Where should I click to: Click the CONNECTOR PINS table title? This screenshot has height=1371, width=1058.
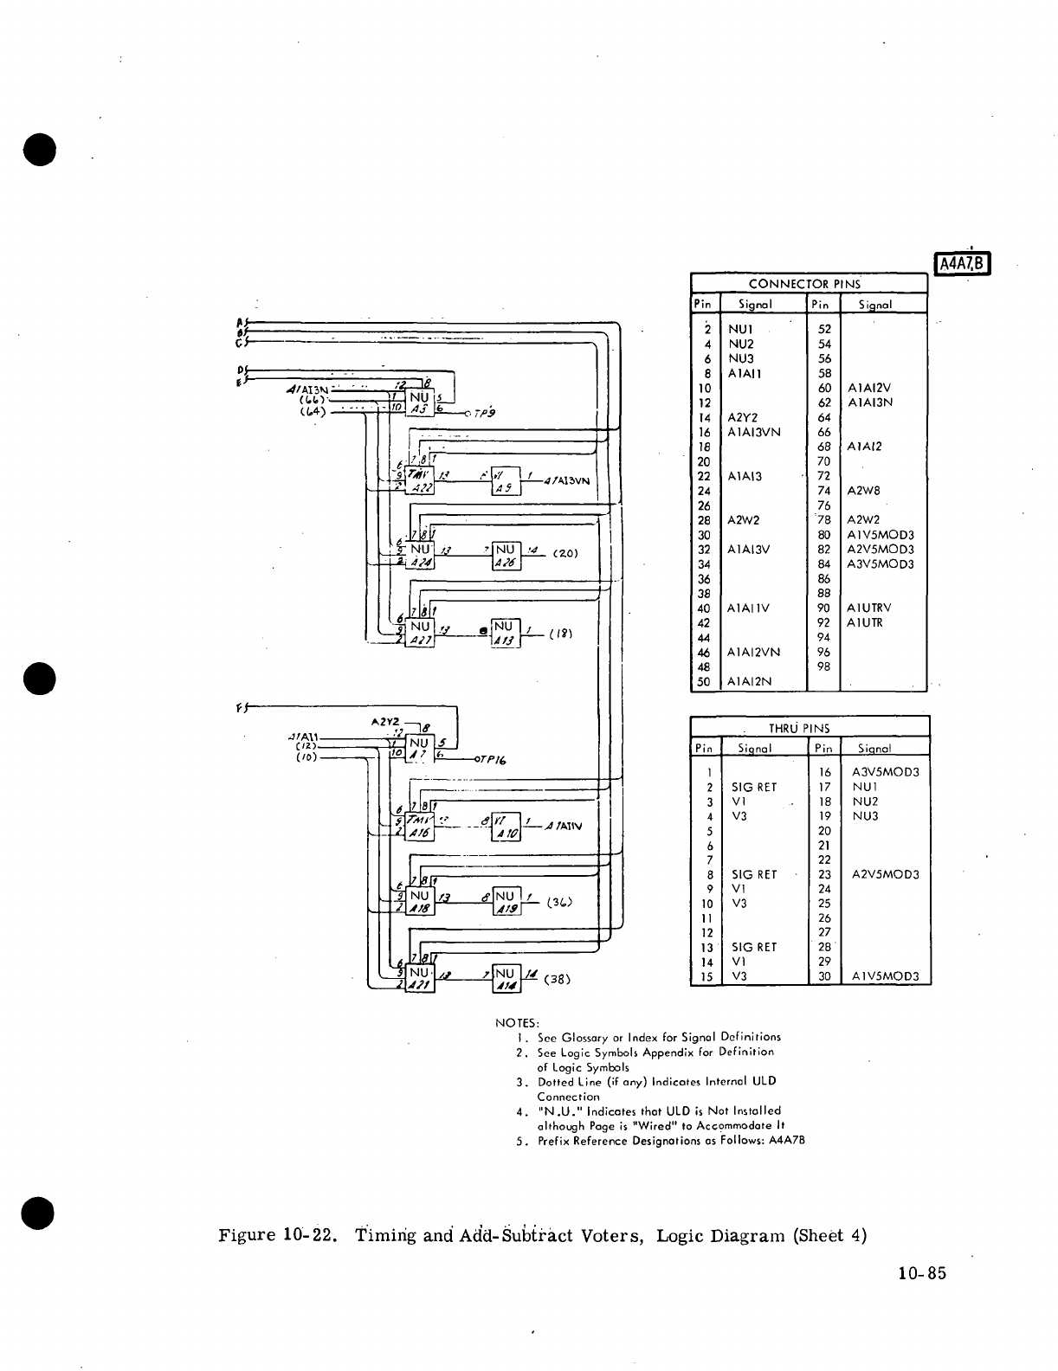coord(804,284)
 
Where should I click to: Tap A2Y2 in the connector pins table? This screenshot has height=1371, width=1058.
coord(743,417)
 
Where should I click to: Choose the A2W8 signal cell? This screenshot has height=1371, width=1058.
coord(863,491)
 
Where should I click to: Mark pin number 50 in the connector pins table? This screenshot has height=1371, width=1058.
coord(704,682)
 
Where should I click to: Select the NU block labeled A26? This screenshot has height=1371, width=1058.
coord(506,557)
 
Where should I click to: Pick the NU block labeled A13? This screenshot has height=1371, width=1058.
coord(506,633)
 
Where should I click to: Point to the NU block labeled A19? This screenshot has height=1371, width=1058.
coord(506,901)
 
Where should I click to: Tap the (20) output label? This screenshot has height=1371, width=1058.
coord(564,553)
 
